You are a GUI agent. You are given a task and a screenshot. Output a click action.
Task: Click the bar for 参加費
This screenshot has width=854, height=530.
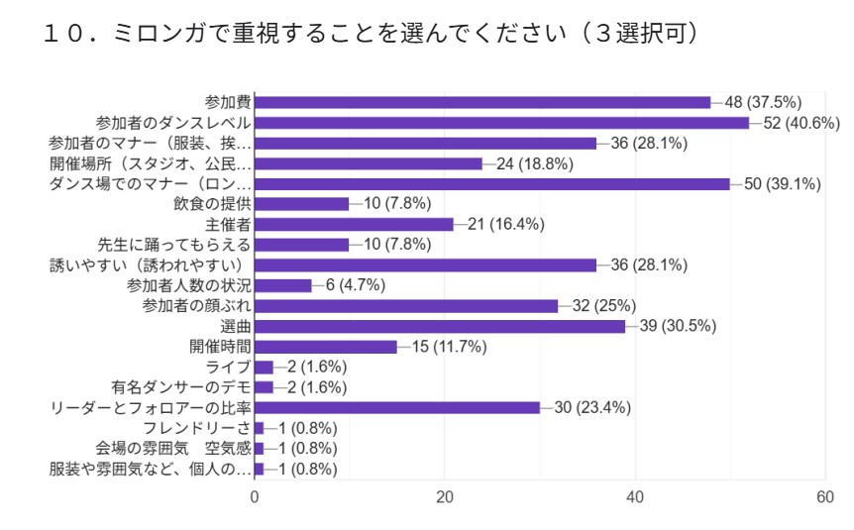pos(482,102)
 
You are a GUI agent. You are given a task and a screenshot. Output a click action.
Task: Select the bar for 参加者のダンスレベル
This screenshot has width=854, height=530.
pos(501,123)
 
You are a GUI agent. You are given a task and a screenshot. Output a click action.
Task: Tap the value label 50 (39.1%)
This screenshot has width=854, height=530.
pos(782,184)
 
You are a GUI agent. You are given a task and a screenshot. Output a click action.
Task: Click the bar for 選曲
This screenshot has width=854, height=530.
pos(440,326)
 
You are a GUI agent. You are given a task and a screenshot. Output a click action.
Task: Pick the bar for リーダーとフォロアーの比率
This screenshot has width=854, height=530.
pos(397,407)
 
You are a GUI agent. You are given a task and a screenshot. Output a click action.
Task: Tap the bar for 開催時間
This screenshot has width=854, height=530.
pos(326,347)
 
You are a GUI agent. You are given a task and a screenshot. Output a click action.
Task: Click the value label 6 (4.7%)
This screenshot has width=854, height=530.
pos(350,285)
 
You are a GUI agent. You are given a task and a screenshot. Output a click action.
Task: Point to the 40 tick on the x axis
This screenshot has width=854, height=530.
pos(635,498)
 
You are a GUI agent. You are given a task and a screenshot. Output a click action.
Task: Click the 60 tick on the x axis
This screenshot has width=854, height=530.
pos(824,498)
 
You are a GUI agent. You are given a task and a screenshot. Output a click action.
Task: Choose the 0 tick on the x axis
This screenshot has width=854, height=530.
pos(255,498)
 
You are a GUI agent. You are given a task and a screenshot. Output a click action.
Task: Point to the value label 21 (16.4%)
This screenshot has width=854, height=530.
pos(505,224)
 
